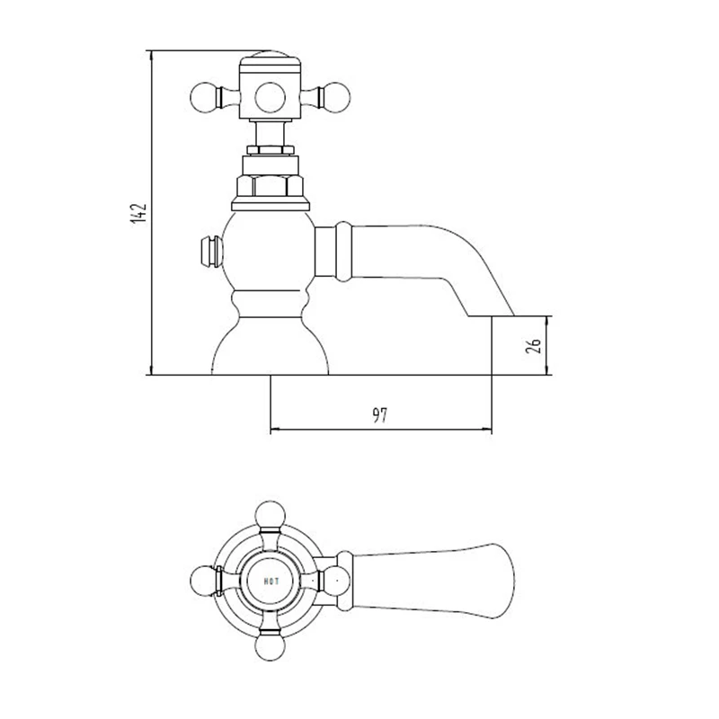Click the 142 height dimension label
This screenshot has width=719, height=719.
(x=138, y=214)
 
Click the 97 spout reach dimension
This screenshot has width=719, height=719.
(x=378, y=415)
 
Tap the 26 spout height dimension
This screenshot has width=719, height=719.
(x=531, y=345)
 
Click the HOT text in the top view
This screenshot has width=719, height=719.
(x=273, y=580)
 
